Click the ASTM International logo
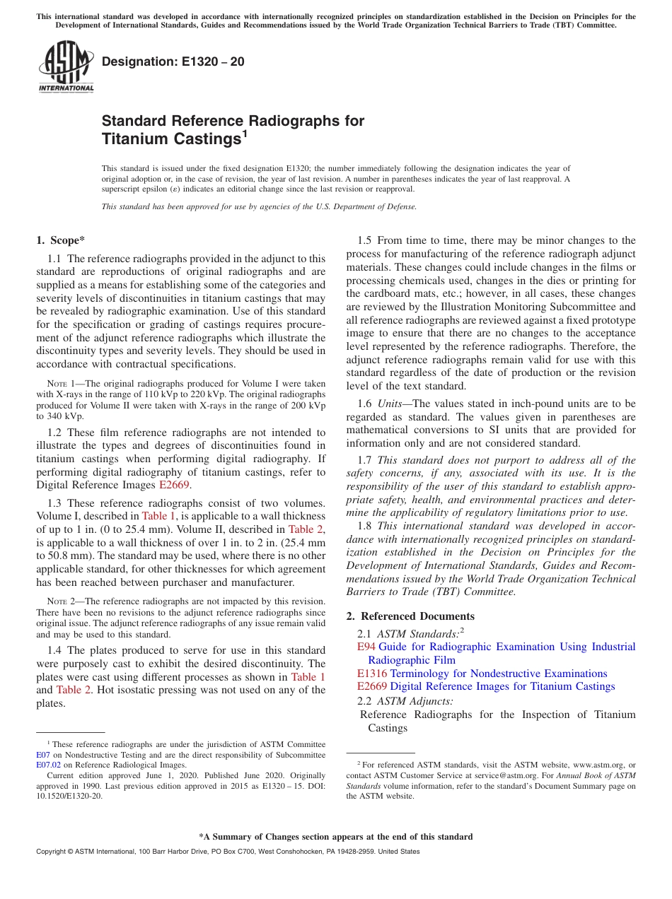(66, 66)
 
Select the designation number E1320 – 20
(173, 61)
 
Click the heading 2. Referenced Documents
(410, 616)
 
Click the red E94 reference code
(366, 647)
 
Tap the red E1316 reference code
(371, 674)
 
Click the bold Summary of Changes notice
(335, 837)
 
